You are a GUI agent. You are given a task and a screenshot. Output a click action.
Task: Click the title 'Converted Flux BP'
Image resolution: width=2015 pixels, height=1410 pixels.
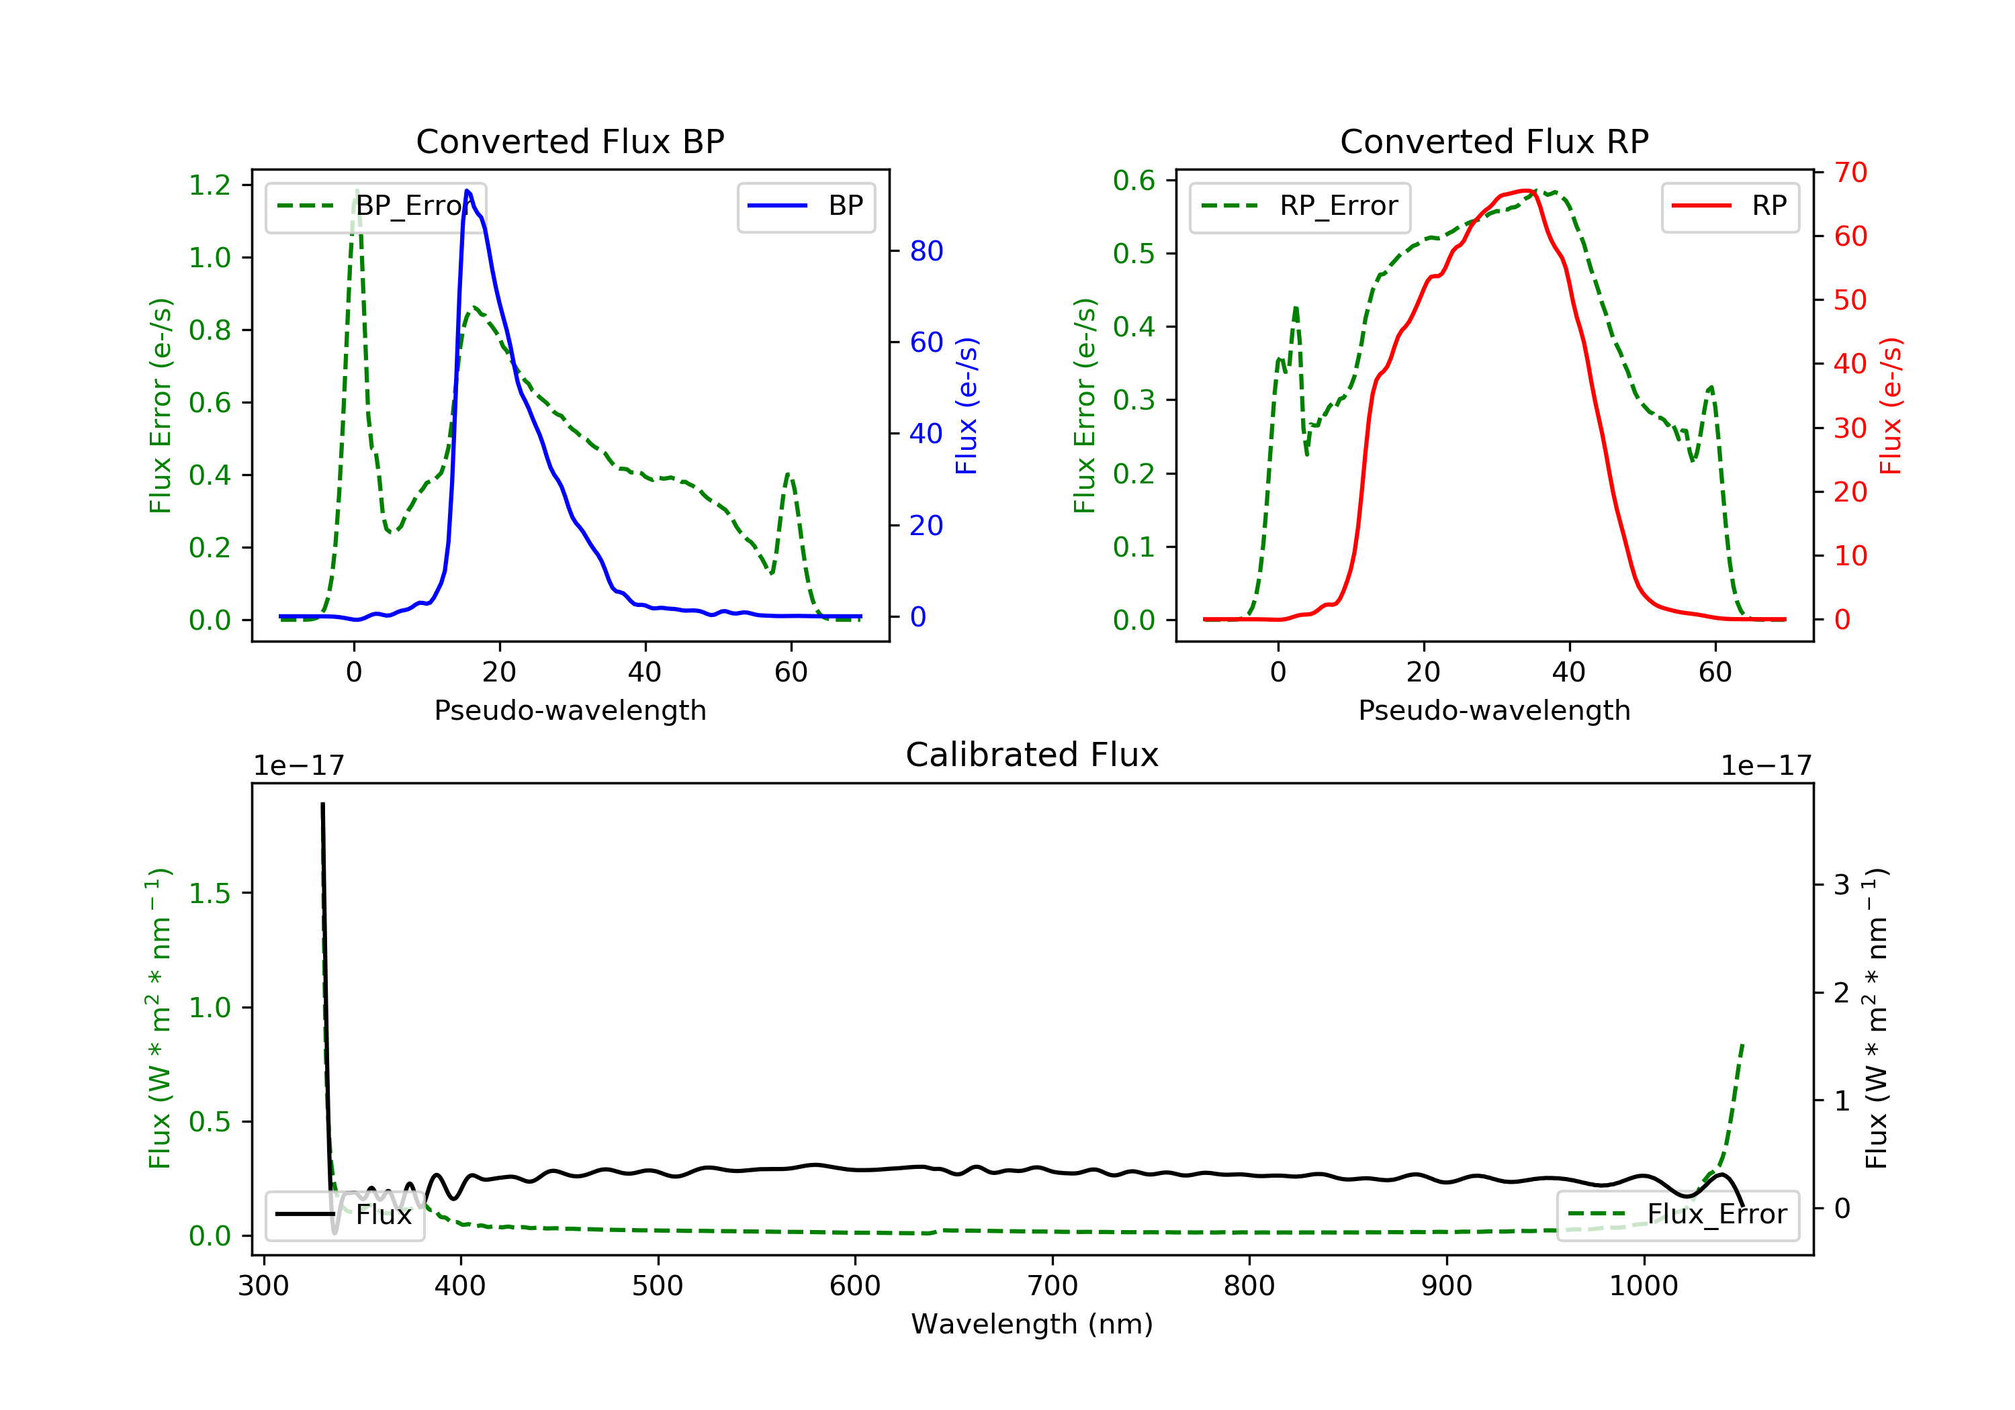570,141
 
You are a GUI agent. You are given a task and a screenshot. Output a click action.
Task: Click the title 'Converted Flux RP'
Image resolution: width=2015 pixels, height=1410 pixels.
1494,141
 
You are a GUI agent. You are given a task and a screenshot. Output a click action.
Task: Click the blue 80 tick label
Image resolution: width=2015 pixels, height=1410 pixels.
926,252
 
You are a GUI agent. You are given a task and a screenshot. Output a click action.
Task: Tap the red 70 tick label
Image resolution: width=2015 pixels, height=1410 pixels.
1850,173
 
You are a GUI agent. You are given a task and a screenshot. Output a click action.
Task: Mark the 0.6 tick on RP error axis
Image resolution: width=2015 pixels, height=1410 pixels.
1134,181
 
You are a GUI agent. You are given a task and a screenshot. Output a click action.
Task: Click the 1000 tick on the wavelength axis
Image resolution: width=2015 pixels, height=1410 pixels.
1643,1286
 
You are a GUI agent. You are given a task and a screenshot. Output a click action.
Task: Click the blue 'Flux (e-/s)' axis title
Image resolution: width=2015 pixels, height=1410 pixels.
967,406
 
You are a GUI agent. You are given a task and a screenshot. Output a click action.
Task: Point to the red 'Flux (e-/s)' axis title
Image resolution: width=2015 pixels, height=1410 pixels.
1890,406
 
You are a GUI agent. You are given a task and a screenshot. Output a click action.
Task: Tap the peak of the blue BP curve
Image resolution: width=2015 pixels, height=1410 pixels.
467,191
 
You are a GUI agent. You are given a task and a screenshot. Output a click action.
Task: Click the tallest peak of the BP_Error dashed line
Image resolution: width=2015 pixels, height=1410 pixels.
356,191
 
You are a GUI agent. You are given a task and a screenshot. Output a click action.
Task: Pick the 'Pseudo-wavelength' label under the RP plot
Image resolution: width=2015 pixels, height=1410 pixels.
1494,710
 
